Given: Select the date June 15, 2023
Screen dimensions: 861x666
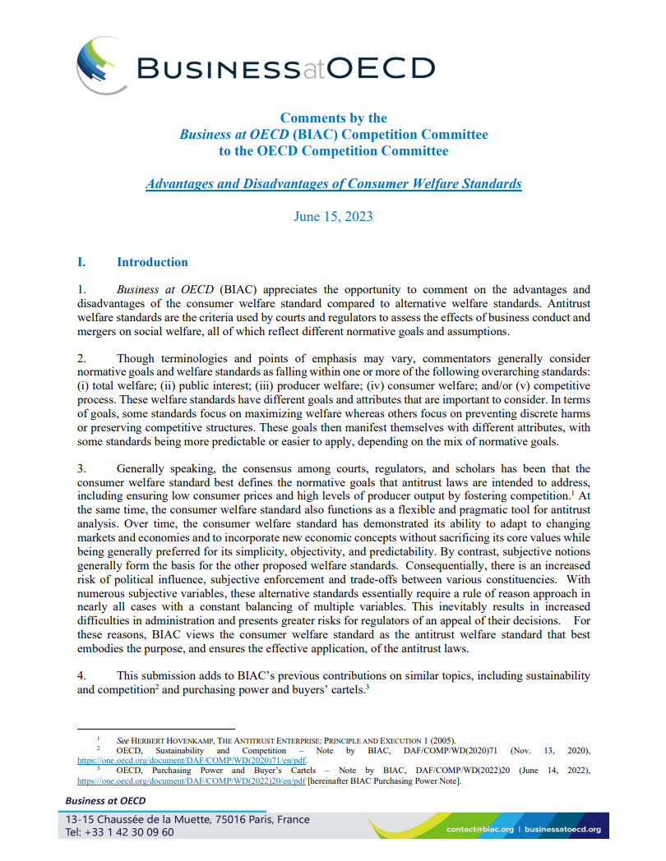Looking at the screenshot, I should point(333,216).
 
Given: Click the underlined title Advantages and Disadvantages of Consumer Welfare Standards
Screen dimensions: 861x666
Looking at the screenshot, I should point(333,183).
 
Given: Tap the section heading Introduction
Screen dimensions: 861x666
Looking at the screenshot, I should point(152,262).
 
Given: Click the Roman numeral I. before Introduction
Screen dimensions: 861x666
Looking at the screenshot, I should point(81,262).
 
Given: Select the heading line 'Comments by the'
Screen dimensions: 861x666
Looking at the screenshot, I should point(333,117).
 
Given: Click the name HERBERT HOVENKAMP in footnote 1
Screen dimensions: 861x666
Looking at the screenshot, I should point(176,739).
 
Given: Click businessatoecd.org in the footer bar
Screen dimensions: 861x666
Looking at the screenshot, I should point(562,829).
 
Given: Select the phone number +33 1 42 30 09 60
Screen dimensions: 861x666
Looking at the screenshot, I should point(119,831).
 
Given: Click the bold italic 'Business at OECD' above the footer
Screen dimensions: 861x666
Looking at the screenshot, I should point(105,801).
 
